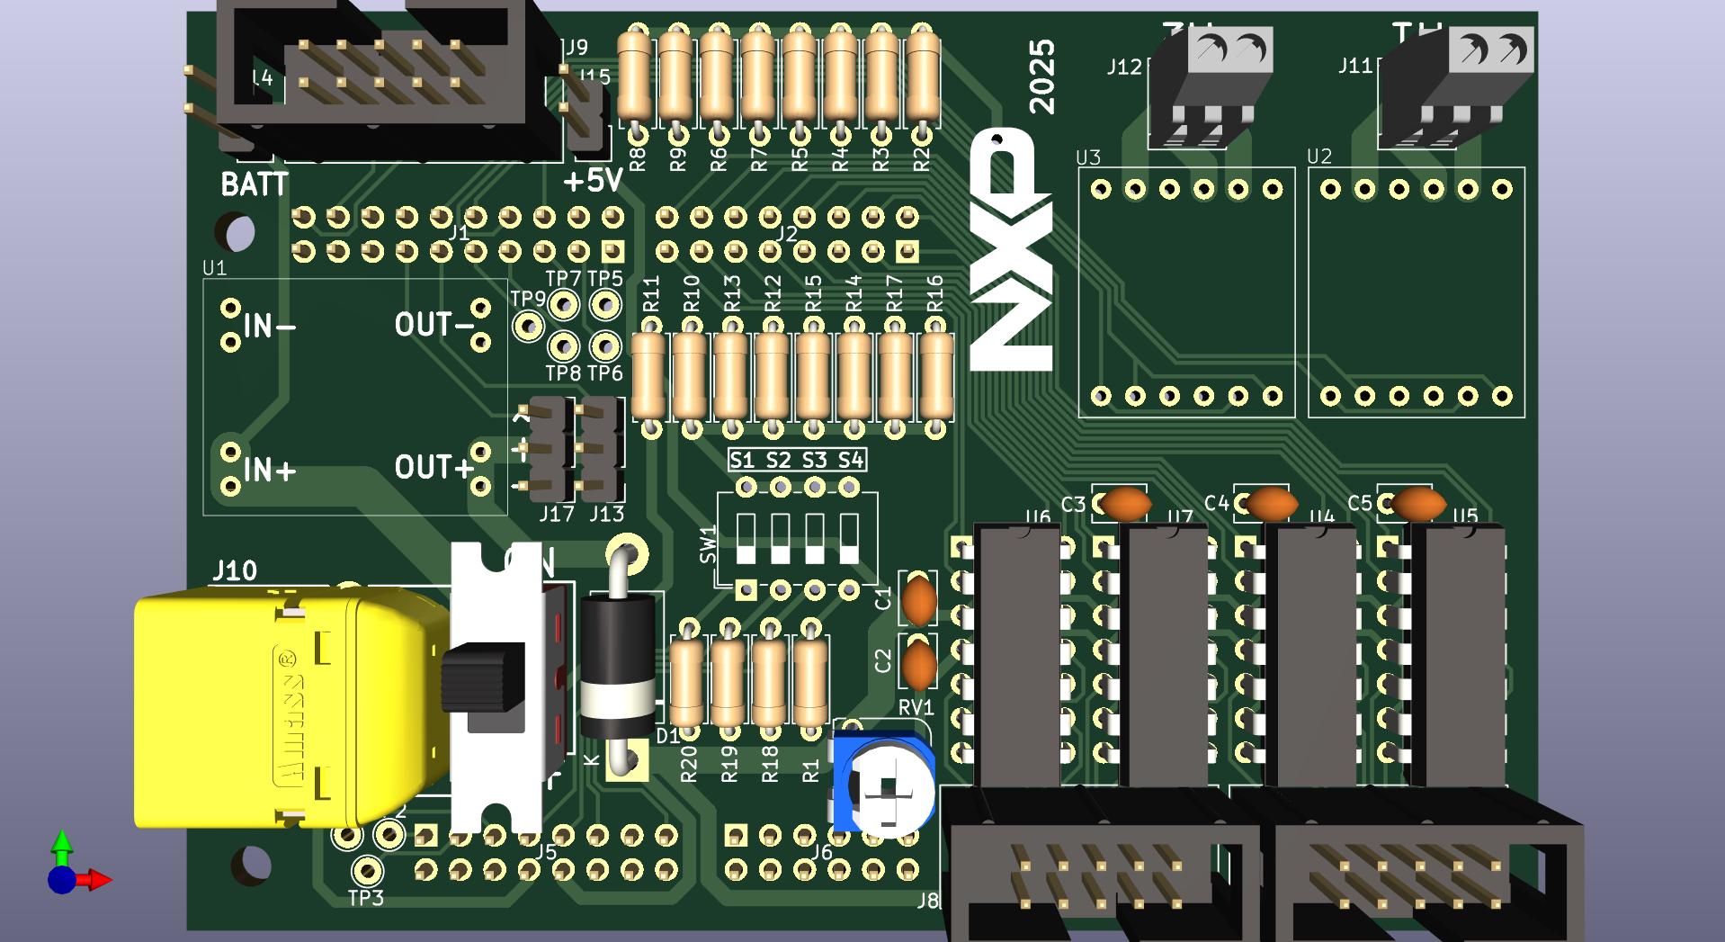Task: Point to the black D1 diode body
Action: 617,666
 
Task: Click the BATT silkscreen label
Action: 255,184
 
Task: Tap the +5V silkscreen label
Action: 593,181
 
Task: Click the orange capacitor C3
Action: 1125,504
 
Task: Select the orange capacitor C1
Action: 918,600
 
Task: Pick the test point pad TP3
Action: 366,870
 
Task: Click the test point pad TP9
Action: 528,325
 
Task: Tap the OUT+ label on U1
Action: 433,468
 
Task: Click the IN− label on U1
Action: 269,326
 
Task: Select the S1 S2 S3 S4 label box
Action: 796,461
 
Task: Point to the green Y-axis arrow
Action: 61,844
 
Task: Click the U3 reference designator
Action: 1088,157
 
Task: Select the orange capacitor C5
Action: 1417,504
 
